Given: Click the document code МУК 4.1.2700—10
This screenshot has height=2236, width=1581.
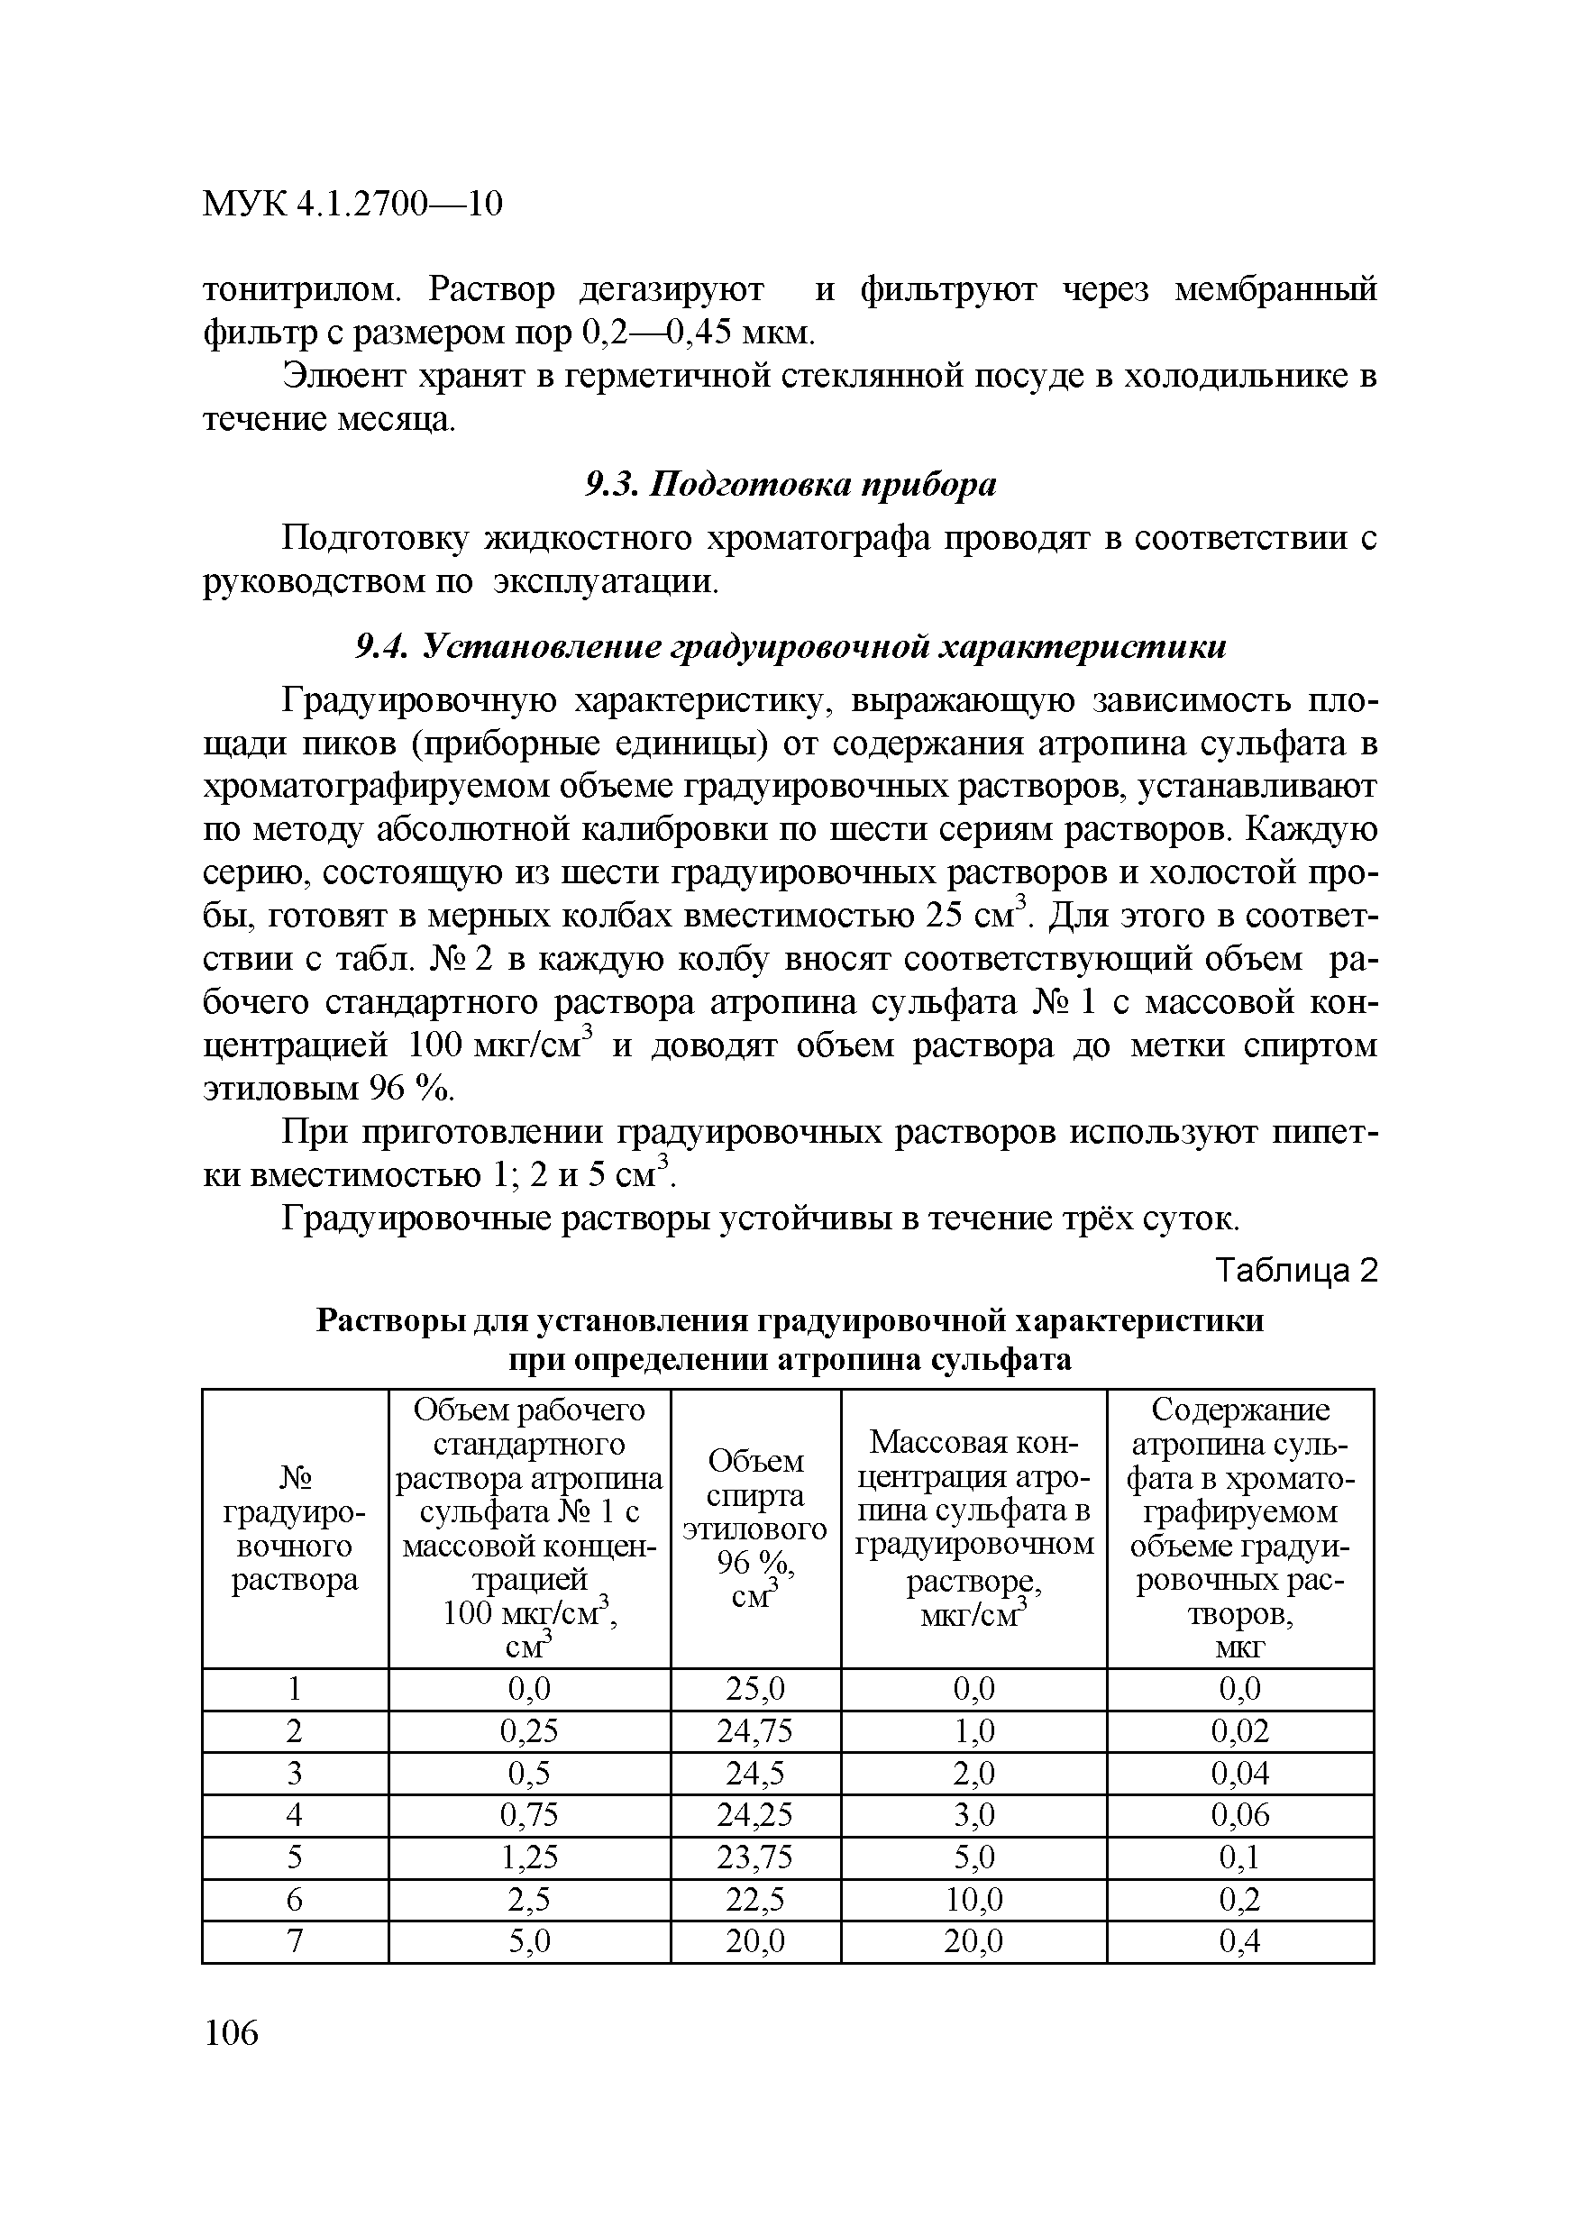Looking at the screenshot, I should [352, 204].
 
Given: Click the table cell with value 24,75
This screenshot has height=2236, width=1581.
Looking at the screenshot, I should [755, 1730].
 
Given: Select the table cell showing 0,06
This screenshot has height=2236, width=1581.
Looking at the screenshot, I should [1240, 1815].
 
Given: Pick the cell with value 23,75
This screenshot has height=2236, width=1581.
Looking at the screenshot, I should [755, 1858].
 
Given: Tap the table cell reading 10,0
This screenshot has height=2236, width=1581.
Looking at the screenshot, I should [973, 1900].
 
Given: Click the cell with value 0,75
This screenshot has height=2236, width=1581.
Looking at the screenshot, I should [529, 1815].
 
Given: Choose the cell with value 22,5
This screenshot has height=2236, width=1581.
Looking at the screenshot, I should [755, 1900].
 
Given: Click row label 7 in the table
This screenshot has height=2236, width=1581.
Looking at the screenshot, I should [295, 1942].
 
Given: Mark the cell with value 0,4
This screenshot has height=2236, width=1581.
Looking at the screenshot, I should [1240, 1942].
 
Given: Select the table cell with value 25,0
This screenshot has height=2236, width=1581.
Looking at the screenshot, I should [755, 1689].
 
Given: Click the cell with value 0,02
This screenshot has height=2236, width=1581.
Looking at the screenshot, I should [1240, 1730].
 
